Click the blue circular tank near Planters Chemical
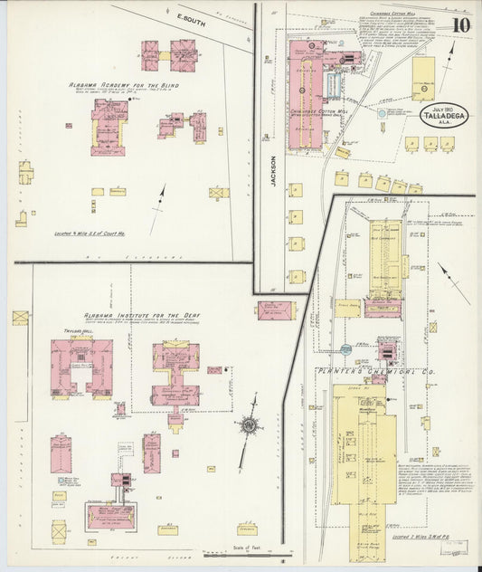click(345, 348)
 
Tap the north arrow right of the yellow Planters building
click(455, 283)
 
